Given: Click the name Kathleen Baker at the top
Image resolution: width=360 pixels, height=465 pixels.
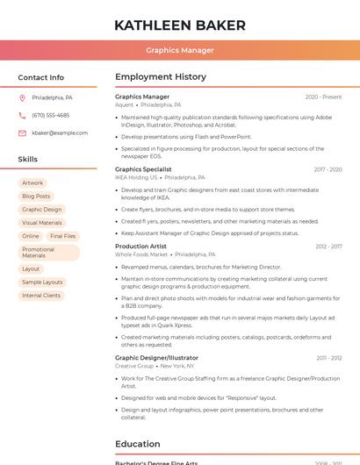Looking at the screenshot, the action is [179, 25].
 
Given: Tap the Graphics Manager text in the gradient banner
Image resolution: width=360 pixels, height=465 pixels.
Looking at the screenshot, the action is [179, 50].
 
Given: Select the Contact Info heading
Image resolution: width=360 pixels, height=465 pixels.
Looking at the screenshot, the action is [40, 77].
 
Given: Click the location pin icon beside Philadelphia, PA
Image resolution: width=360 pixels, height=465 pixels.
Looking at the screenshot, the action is [22, 97].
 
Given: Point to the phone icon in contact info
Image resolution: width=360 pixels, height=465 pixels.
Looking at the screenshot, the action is [22, 115].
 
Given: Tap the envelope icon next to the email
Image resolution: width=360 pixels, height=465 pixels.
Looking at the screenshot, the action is [22, 132].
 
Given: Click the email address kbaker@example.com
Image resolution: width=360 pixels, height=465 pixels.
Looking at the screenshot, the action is [60, 132].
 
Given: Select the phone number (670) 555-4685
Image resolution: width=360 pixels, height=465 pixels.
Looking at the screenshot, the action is [50, 115].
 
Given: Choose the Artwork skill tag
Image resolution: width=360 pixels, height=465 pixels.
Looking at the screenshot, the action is [32, 183].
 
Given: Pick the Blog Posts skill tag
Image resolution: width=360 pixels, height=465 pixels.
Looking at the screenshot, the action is [36, 197].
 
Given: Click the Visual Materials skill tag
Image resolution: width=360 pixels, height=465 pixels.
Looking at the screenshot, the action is [42, 223].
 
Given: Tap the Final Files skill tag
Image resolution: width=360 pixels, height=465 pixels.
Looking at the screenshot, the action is [62, 236].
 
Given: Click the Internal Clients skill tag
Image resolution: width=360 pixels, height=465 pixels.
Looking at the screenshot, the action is [41, 296].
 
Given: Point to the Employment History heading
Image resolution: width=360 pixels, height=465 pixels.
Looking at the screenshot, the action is [161, 77].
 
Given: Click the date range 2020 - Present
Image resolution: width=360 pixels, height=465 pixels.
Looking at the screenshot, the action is [323, 97].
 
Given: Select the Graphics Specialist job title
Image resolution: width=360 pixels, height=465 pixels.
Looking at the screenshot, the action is [143, 169].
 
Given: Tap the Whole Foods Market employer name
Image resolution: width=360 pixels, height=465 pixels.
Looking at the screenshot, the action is [140, 254].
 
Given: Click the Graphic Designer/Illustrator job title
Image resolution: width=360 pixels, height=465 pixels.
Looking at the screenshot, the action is [156, 358].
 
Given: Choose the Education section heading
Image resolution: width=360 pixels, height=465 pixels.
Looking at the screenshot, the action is [137, 444].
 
